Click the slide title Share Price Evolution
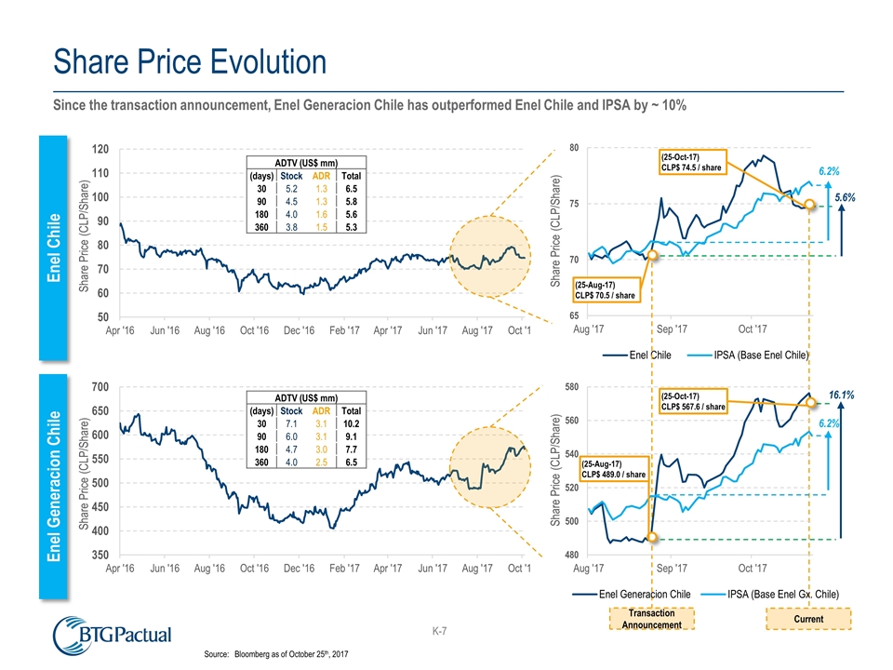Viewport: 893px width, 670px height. pyautogui.click(x=189, y=63)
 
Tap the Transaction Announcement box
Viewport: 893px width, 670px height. pyautogui.click(x=651, y=620)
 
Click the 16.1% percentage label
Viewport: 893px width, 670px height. pyautogui.click(x=842, y=395)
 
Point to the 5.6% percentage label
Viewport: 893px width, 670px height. pyautogui.click(x=845, y=198)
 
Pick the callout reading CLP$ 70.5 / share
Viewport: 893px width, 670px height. pyautogui.click(x=606, y=289)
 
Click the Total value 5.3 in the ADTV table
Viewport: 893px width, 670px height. pyautogui.click(x=352, y=224)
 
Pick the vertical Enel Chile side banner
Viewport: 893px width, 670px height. pyautogui.click(x=54, y=247)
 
